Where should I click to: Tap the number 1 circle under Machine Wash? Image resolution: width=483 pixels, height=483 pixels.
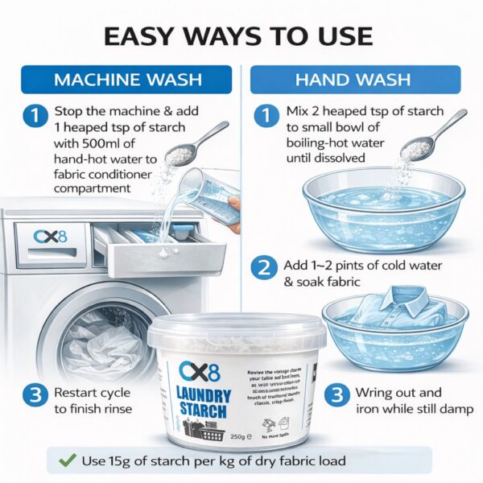click(x=34, y=117)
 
